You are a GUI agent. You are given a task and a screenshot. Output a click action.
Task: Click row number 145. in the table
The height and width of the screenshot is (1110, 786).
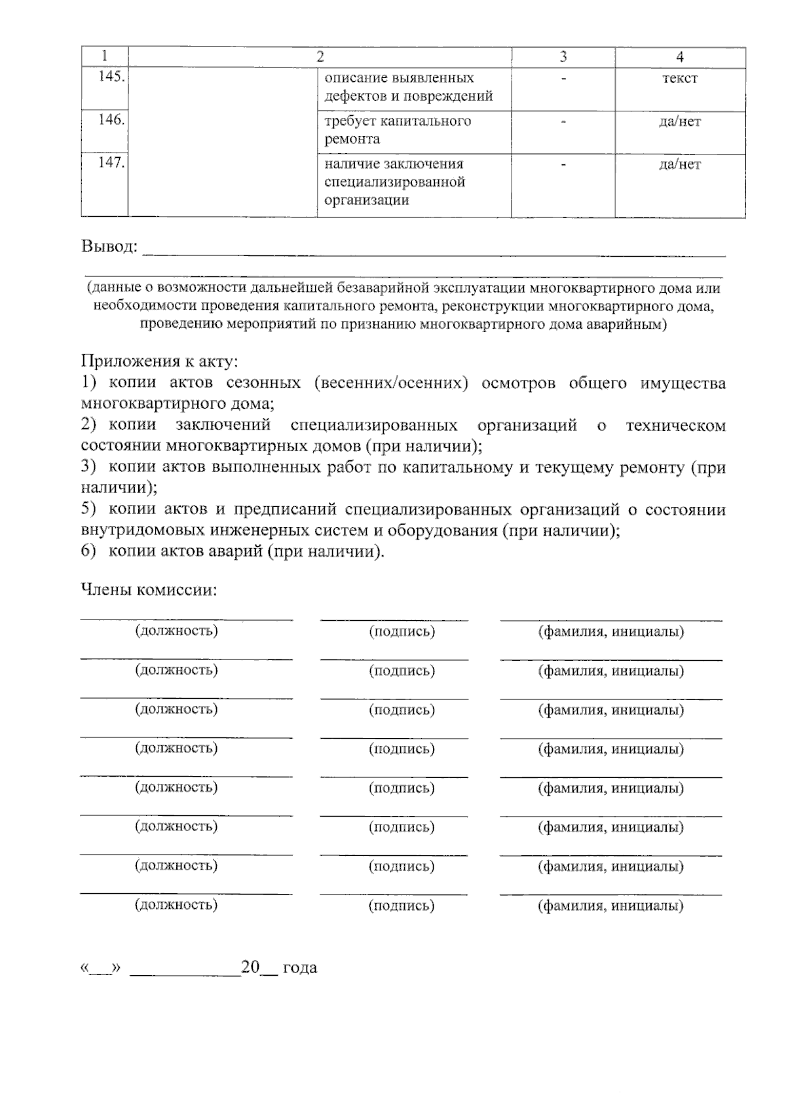pos(111,77)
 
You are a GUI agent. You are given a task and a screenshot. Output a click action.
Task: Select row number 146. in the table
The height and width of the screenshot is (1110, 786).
pos(111,120)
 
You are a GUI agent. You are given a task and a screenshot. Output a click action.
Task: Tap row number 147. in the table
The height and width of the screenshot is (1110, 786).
pos(111,163)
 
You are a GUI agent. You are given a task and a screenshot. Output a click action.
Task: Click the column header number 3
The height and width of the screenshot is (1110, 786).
pos(563,58)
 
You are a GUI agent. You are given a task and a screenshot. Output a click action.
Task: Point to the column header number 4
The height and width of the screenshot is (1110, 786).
pos(680,58)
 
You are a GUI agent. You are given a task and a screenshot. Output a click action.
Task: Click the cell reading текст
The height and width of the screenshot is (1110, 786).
pos(680,79)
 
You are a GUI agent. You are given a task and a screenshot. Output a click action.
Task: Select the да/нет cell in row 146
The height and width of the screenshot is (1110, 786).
pos(680,122)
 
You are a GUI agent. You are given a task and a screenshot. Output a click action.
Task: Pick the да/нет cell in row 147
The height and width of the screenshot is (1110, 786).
pos(680,165)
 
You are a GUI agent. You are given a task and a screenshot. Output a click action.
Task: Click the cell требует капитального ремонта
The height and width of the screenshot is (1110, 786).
pos(398,130)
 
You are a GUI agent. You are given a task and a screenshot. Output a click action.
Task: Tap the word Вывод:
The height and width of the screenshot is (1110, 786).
pos(109,247)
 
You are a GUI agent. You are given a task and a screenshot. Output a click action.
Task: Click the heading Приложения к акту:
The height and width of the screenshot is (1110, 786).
pos(159,361)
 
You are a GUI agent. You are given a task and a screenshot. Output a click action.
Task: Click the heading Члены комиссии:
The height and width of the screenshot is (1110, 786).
pos(149,590)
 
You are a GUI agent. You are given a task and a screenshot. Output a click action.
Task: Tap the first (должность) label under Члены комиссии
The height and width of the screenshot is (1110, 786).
pos(176,631)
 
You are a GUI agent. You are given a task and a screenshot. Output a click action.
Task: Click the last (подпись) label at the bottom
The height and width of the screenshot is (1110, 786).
pos(402,906)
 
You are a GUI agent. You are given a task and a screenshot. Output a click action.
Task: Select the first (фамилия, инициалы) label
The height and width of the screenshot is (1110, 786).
pos(610,632)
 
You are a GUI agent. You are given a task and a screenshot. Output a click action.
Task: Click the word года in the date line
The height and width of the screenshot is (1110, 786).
pos(300,968)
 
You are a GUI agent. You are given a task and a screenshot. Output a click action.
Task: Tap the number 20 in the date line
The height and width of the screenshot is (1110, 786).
pos(250,967)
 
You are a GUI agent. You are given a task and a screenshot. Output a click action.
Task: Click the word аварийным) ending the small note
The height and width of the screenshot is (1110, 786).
pos(629,324)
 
